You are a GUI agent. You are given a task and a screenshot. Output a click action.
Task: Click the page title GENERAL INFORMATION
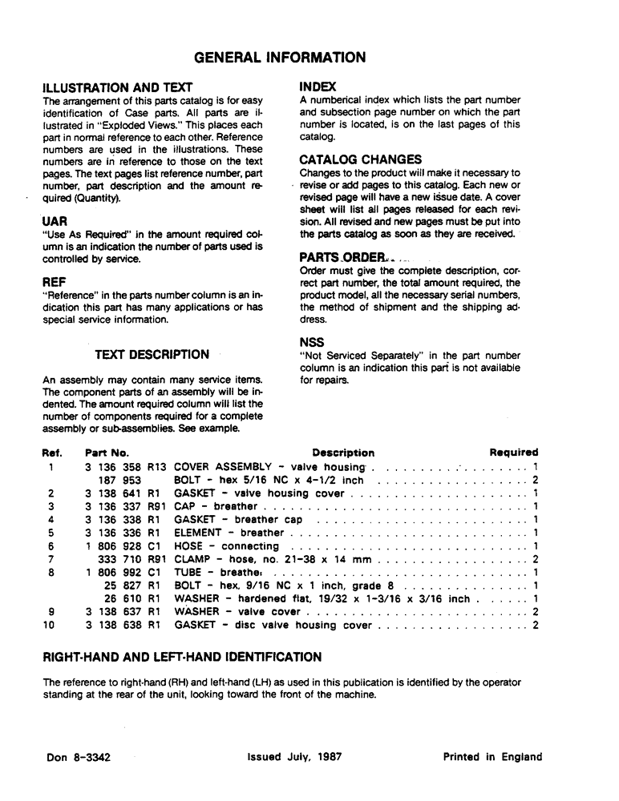(281, 58)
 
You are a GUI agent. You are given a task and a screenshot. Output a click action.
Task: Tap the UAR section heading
(55, 220)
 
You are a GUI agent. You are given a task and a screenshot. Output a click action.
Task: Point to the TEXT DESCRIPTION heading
(152, 355)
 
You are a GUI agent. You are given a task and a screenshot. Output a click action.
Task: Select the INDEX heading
(318, 86)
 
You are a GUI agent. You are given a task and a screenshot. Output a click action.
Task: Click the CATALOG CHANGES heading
(360, 159)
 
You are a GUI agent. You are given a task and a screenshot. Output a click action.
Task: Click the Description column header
(343, 453)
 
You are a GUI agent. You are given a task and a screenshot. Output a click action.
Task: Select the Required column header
(513, 453)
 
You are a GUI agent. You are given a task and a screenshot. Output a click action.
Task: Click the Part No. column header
(107, 453)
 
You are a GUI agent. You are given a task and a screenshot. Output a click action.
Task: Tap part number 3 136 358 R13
(125, 466)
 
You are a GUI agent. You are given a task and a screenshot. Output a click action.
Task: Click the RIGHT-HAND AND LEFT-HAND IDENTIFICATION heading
(182, 658)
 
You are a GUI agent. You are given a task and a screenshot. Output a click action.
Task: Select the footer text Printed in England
(492, 757)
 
